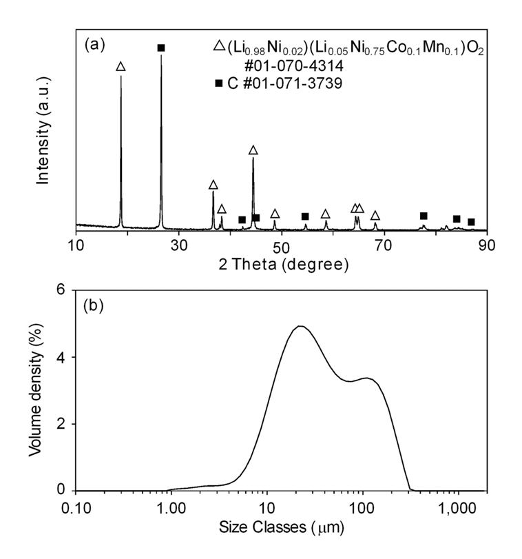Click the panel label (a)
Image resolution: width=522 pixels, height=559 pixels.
[94, 45]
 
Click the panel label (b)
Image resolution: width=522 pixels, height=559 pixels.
[94, 305]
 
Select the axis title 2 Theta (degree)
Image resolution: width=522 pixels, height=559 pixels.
[282, 265]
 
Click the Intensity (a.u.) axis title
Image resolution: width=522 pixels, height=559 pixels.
[43, 132]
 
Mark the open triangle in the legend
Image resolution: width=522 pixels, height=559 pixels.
[219, 46]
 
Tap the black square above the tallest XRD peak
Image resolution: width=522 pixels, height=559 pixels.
[161, 48]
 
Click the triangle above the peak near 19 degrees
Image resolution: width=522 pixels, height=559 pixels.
[121, 67]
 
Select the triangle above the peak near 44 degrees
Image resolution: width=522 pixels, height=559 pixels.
[253, 150]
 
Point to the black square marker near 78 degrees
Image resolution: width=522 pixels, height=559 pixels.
[424, 216]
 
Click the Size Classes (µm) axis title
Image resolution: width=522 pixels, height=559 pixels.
[282, 529]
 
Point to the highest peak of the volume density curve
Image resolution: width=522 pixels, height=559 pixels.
[300, 326]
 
